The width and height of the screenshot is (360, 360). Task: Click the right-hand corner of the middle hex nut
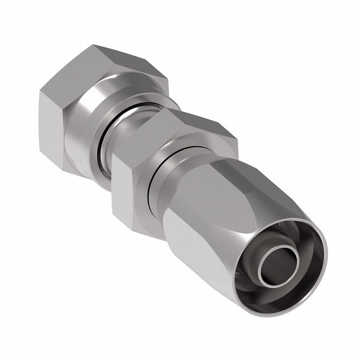coord(237,144)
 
